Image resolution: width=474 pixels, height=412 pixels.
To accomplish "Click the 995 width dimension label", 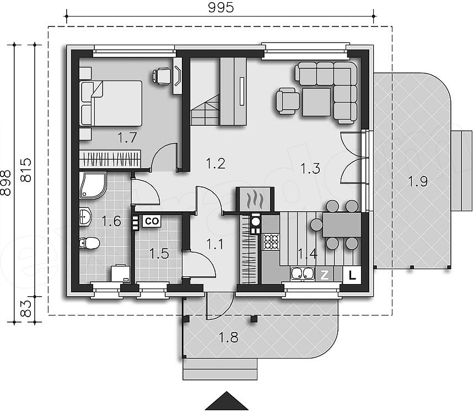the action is coord(221,7).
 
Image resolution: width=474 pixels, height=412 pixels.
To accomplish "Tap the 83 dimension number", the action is coord(27,308).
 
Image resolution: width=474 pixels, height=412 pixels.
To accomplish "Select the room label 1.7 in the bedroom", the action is coord(127,138).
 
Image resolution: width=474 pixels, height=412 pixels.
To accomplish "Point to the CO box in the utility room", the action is coord(152,221).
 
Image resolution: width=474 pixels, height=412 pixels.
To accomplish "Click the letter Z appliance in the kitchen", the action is coord(325,275).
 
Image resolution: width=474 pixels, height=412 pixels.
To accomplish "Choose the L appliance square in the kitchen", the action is coord(352,275).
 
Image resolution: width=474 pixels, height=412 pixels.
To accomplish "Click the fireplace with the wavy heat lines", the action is coord(255,199).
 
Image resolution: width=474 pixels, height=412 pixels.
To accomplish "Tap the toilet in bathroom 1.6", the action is coord(89,243).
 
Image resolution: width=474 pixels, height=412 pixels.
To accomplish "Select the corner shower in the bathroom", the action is coord(93,185).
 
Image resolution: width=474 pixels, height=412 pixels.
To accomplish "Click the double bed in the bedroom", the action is coord(111,103).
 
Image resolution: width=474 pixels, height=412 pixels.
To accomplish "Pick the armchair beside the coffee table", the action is coord(287,101).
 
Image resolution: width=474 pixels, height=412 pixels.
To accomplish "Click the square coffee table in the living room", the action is coord(316,102).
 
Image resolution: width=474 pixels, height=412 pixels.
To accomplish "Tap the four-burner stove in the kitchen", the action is coord(271,242).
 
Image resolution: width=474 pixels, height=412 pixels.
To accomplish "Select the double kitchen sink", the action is coord(302,273).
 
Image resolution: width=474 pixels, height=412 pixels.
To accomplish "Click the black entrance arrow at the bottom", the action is coord(227,401).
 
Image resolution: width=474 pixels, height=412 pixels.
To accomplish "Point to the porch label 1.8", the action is coord(229,337).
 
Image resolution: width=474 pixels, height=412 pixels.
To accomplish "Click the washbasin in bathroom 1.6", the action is coord(85,217).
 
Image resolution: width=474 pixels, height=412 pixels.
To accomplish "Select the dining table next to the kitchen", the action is coord(342,225).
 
